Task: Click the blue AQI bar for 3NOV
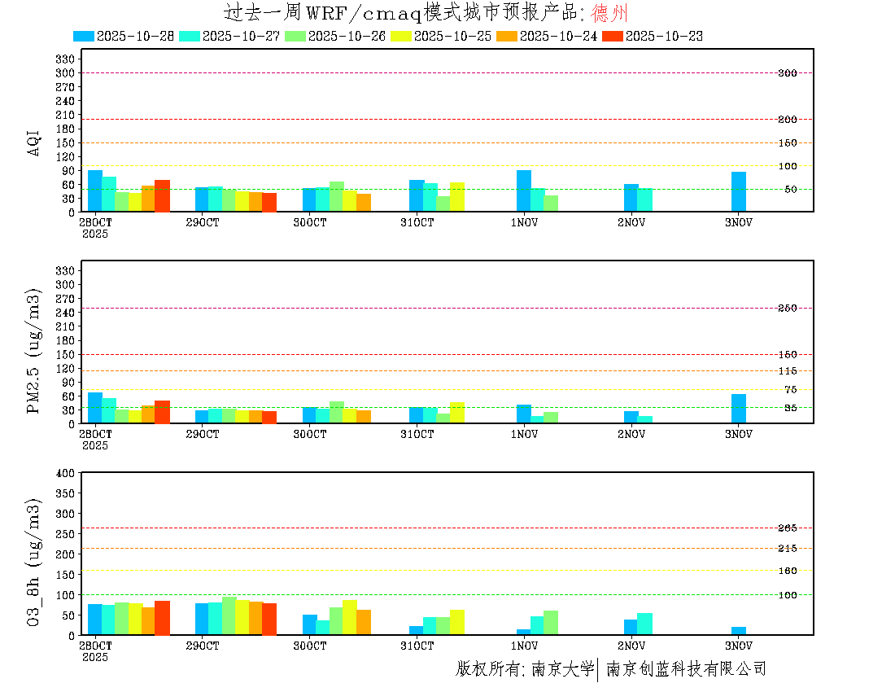pyautogui.click(x=739, y=191)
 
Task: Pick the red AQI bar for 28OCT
pyautogui.click(x=162, y=195)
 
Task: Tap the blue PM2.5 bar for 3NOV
pyautogui.click(x=739, y=409)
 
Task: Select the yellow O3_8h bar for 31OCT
pyautogui.click(x=457, y=622)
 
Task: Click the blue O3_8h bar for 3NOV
pyautogui.click(x=739, y=631)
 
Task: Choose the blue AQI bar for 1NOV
pyautogui.click(x=524, y=191)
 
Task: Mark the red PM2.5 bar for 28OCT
pyautogui.click(x=162, y=412)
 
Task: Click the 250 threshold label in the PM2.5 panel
pyautogui.click(x=787, y=308)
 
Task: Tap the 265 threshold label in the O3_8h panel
pyautogui.click(x=787, y=528)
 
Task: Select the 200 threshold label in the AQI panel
pyautogui.click(x=787, y=120)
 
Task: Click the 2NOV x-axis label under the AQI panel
pyautogui.click(x=631, y=222)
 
